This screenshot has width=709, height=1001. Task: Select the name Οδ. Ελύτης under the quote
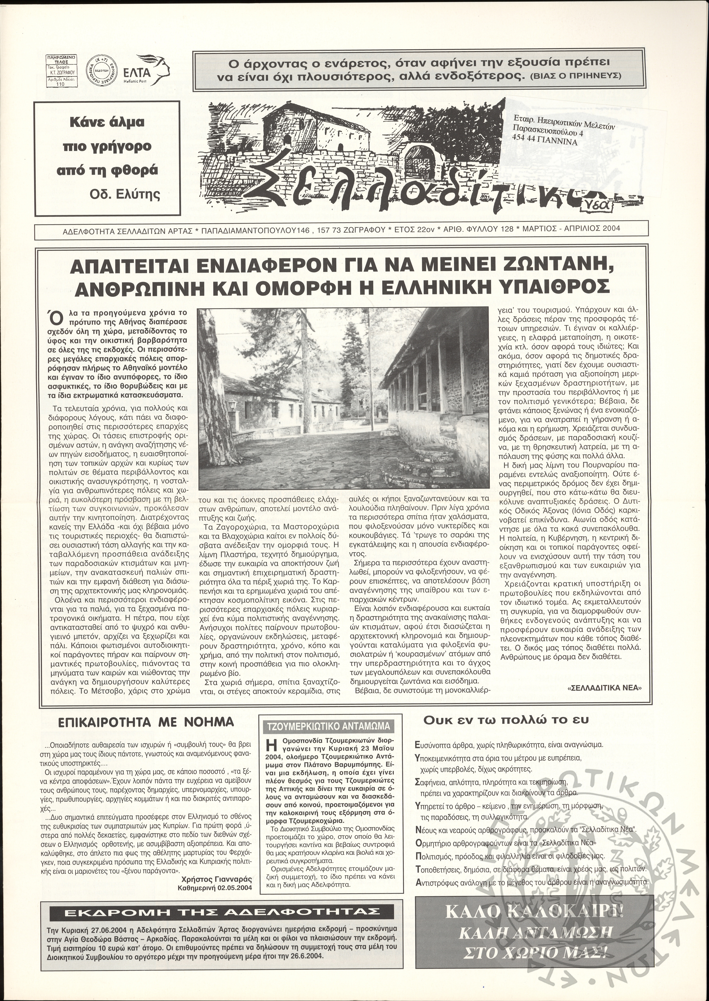125,194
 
